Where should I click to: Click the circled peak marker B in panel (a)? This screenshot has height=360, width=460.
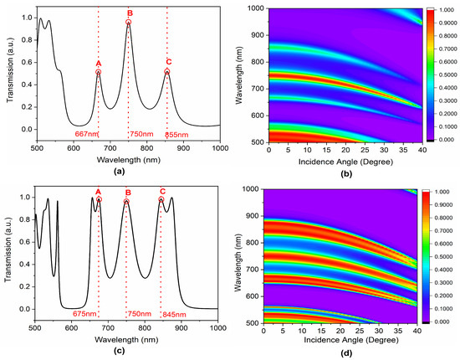129,23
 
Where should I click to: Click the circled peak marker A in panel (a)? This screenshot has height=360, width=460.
98,72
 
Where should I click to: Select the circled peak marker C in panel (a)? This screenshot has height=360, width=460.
167,72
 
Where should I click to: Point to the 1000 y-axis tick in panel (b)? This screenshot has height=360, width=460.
258,8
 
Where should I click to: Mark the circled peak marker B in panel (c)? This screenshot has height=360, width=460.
127,202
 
